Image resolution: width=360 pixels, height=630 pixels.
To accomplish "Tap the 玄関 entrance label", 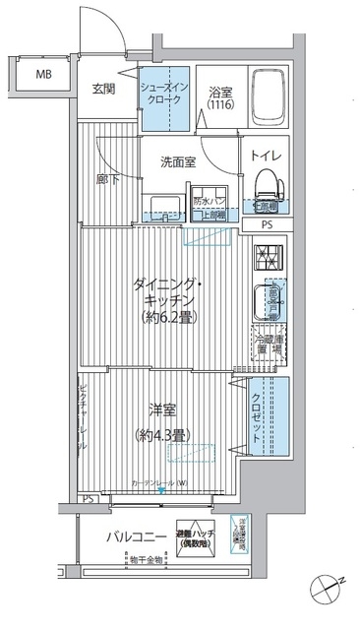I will pyautogui.click(x=105, y=90).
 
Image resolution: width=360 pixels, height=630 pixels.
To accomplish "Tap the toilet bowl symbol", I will pyautogui.click(x=266, y=183).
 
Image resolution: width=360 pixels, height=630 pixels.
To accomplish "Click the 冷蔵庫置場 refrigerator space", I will pyautogui.click(x=270, y=342).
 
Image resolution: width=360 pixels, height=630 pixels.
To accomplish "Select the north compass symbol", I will pyautogui.click(x=326, y=591).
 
